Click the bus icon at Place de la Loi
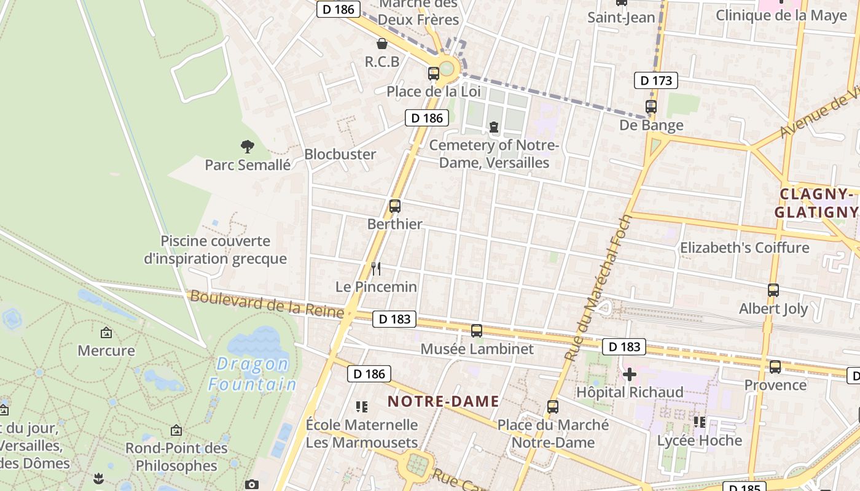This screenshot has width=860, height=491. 434,74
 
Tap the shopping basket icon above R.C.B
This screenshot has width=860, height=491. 382,44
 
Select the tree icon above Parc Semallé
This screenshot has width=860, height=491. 248,146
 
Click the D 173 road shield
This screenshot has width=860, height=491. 655,80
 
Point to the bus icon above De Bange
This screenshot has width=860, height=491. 651,107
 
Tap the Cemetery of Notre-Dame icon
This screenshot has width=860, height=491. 494,127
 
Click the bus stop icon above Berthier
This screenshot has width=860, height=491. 395,206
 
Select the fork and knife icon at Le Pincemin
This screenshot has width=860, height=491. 376,268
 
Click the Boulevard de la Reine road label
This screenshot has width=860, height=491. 267,304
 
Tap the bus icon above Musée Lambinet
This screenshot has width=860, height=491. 477,331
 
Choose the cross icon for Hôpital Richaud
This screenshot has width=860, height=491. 630,374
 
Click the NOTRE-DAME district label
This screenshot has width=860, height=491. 443,401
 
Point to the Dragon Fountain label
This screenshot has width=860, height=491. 252,374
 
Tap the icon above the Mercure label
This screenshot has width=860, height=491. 106,333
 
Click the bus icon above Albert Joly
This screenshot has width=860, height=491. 773,290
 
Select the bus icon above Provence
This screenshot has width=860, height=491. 775,367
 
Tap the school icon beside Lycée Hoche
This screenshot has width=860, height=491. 699,422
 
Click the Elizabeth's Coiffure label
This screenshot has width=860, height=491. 744,248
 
